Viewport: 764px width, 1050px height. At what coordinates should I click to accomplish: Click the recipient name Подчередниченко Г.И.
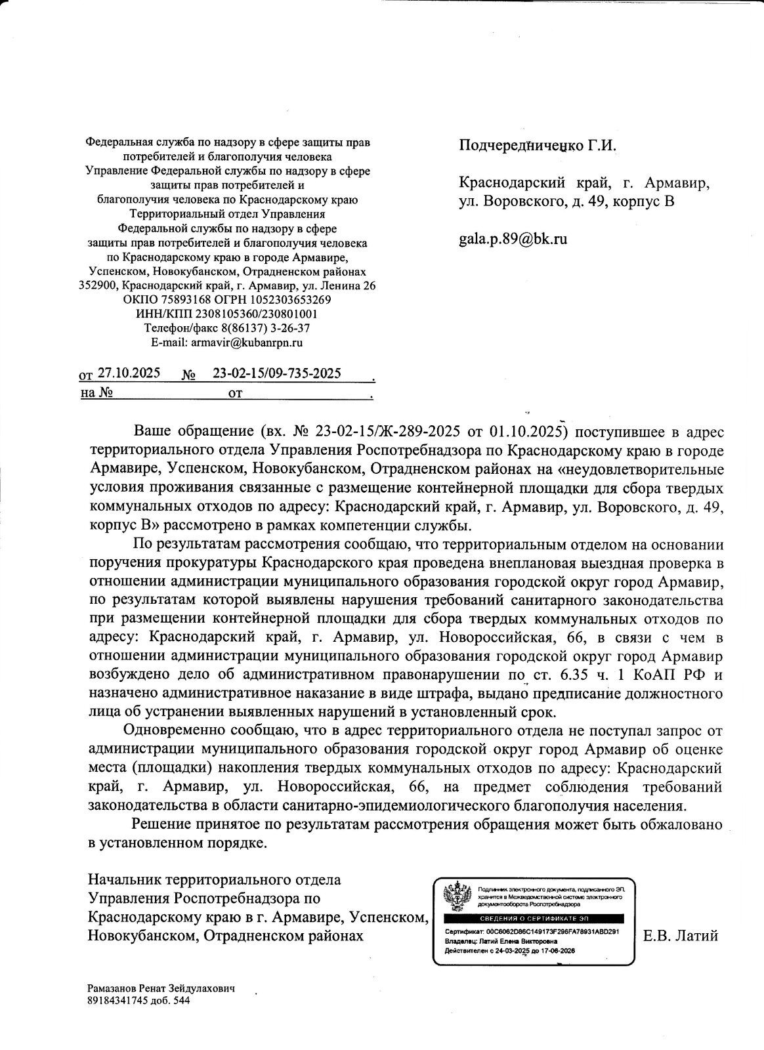[538, 145]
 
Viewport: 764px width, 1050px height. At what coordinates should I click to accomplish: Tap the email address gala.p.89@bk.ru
[512, 239]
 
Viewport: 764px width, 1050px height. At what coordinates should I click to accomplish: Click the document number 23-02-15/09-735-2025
[276, 373]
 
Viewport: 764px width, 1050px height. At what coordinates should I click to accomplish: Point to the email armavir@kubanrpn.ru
[245, 342]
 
